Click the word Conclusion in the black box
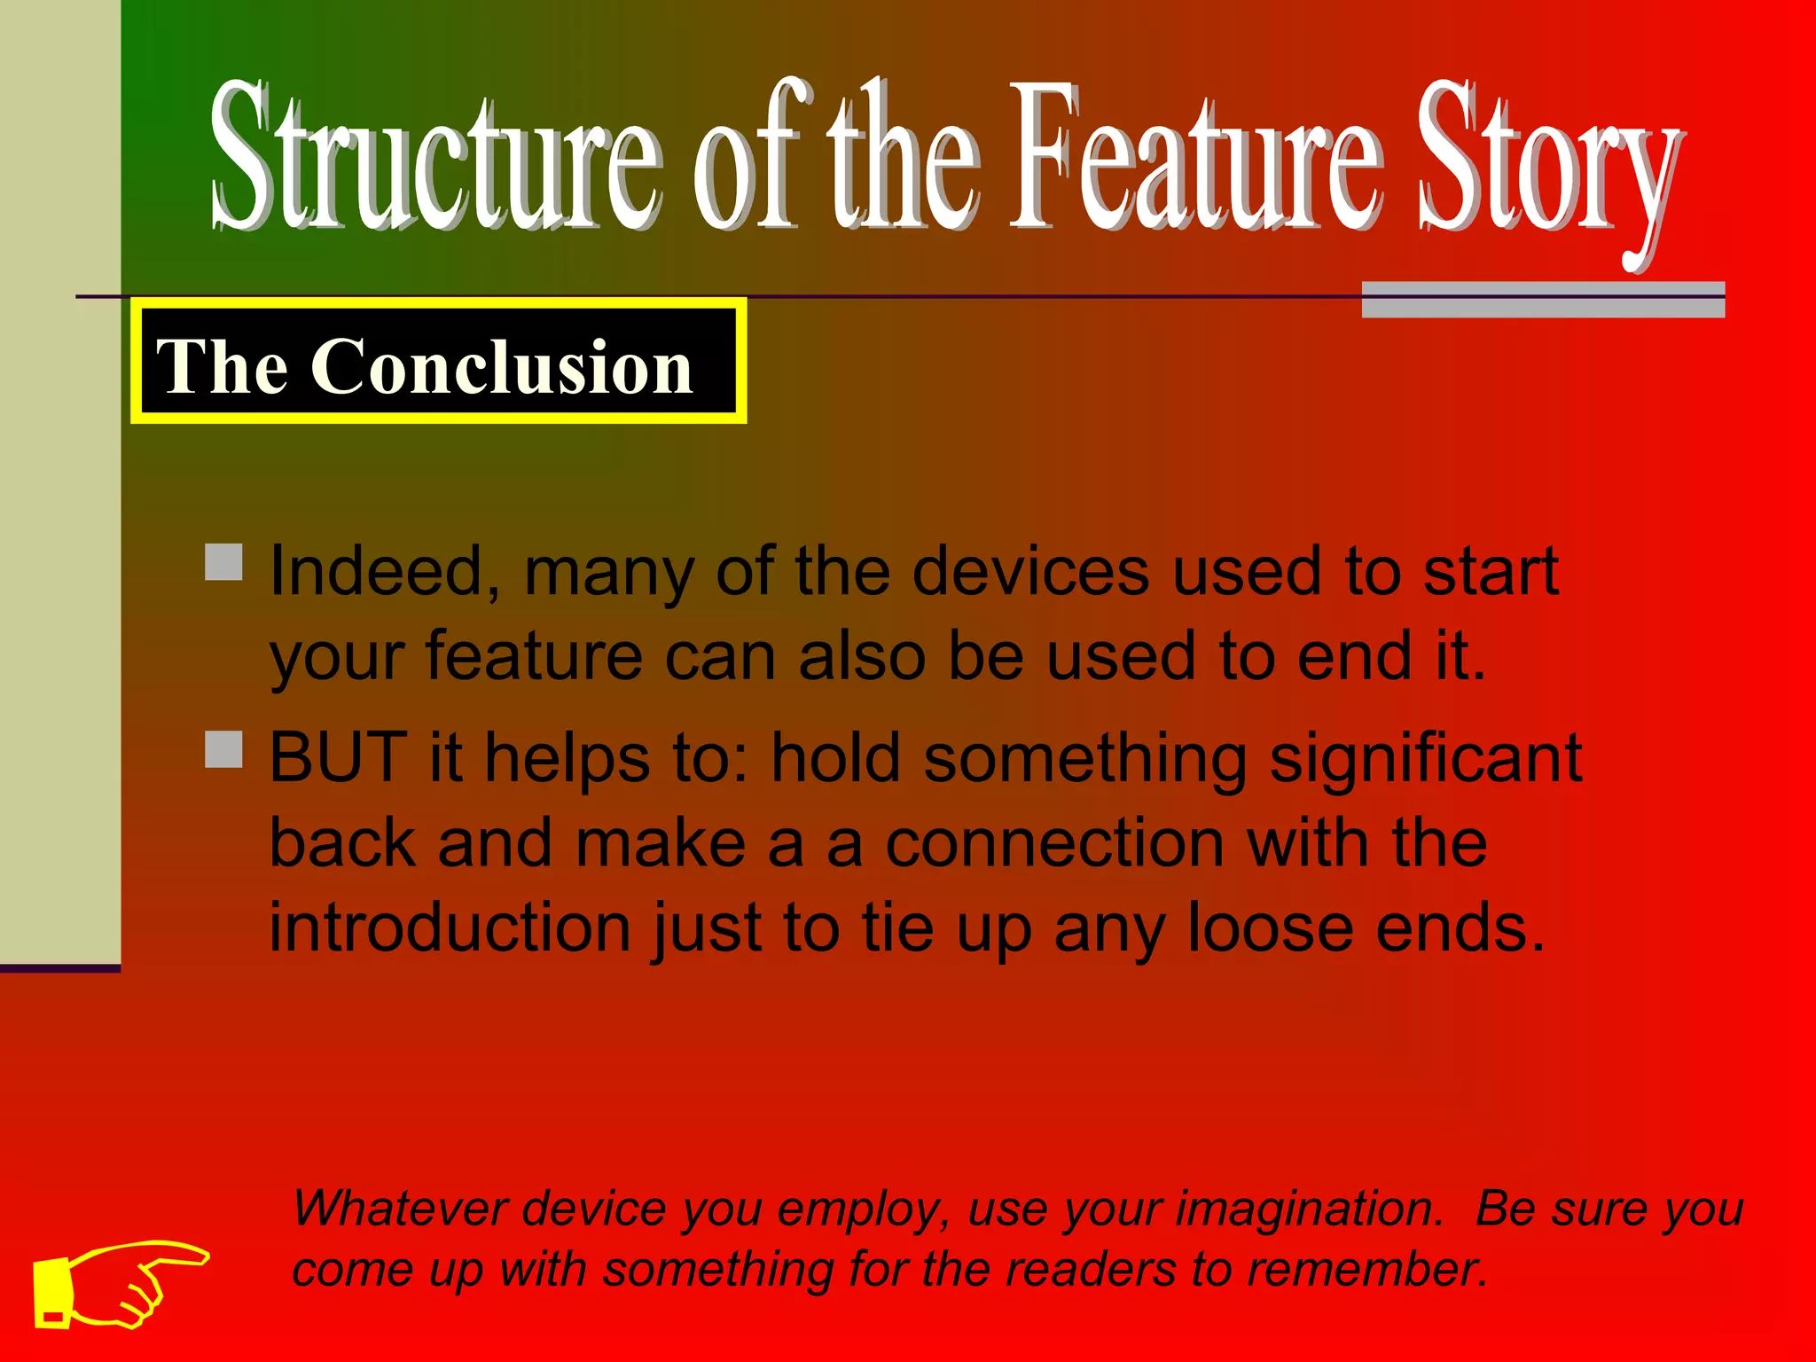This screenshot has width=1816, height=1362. tap(501, 366)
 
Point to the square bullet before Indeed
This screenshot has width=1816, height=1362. tap(223, 562)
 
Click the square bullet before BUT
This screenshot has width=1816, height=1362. tap(223, 749)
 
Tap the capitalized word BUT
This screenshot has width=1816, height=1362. tap(338, 758)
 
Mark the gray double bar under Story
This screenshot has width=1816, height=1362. tap(1543, 300)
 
